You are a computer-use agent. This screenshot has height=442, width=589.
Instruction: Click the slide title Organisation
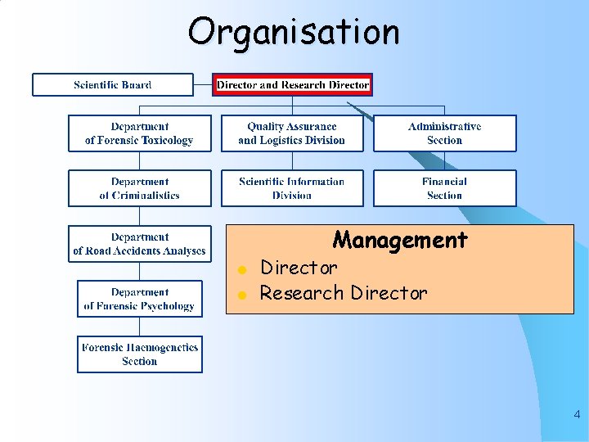click(x=294, y=33)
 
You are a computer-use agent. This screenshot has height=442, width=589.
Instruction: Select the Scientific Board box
click(x=113, y=84)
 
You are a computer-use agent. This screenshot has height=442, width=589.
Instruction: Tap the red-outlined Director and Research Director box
click(x=293, y=84)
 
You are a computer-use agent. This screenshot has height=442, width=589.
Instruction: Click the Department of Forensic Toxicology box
click(x=139, y=133)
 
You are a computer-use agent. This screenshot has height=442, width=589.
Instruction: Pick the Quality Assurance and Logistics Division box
click(x=292, y=133)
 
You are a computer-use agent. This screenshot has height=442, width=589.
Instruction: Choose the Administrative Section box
click(x=445, y=133)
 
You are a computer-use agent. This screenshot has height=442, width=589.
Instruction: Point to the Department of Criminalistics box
click(x=139, y=188)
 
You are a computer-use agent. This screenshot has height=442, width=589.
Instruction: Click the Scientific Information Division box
click(x=292, y=188)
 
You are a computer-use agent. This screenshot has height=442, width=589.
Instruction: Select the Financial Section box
click(x=445, y=188)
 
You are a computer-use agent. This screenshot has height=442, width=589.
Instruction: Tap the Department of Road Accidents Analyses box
click(x=139, y=244)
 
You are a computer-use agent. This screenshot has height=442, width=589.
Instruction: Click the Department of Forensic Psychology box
click(x=139, y=299)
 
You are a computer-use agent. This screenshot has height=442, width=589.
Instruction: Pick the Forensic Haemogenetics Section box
click(x=139, y=354)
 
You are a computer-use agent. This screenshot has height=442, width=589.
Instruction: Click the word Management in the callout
click(x=400, y=240)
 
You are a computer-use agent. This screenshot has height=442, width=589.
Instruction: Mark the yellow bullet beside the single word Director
click(x=241, y=269)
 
